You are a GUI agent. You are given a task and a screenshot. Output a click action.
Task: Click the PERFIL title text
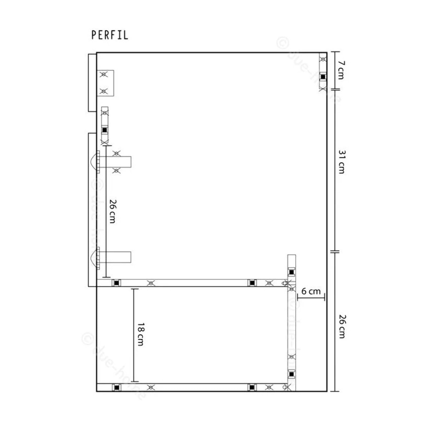[x=109, y=35]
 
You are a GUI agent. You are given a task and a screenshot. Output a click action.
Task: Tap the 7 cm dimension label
[x=341, y=70]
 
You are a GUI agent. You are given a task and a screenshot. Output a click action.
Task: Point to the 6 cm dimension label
[x=311, y=291]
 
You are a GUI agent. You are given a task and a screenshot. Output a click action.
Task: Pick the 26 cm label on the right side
[x=341, y=326]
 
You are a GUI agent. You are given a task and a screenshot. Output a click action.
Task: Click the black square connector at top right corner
[x=323, y=76]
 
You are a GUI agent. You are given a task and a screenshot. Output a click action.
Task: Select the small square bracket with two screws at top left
[x=106, y=83]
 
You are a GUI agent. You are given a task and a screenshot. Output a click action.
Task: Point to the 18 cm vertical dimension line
[x=134, y=335]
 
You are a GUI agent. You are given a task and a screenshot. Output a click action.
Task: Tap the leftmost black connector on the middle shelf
[x=116, y=283]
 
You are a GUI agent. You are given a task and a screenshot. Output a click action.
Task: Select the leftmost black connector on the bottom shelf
[x=116, y=387]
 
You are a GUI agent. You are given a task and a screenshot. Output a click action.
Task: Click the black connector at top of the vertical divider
[x=291, y=272]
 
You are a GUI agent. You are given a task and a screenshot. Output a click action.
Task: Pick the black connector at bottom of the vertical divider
[x=291, y=374]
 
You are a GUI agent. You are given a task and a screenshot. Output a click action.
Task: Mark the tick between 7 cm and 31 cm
[x=335, y=89]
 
